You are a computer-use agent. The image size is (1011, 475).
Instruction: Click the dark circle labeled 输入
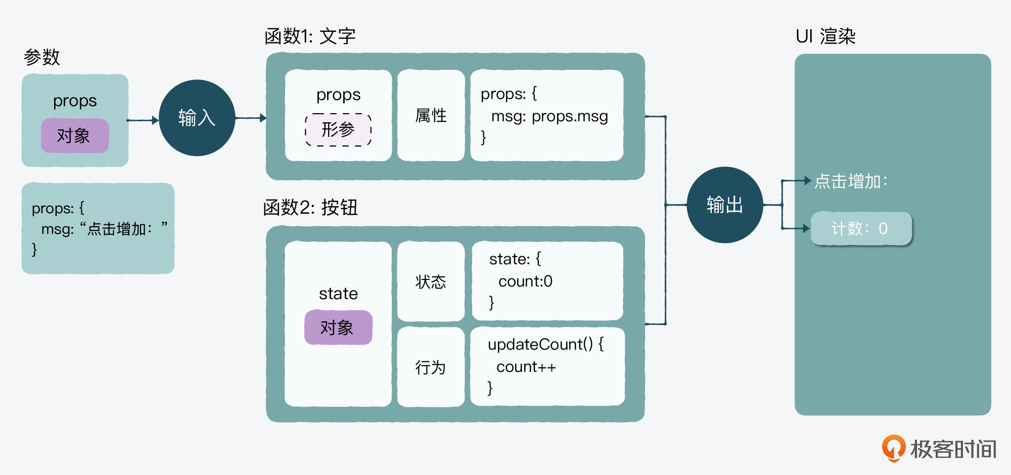[197, 118]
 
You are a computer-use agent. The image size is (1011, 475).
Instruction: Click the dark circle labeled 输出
[724, 205]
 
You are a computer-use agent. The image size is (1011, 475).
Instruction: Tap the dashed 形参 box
[338, 130]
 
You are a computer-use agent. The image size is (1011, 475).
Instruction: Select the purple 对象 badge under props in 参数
[75, 135]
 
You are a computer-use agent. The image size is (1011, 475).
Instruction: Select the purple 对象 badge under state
[338, 327]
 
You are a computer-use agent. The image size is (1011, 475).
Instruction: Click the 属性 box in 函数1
[431, 116]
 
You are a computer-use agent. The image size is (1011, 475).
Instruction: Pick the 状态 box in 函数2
[431, 281]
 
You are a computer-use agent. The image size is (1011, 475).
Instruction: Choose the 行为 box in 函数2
[431, 367]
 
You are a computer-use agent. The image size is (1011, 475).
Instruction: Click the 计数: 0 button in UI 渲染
[861, 228]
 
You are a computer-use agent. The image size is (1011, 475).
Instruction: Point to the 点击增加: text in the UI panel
[851, 181]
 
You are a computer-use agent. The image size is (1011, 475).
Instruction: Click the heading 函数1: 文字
[310, 36]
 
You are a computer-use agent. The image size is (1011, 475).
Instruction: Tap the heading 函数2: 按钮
[310, 207]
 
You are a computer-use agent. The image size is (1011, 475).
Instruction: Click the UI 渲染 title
[825, 36]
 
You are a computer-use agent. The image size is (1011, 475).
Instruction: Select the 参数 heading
[42, 57]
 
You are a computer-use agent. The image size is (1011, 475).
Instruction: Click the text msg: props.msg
[549, 116]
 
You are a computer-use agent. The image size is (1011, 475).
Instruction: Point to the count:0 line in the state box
[525, 281]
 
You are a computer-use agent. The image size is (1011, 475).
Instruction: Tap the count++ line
[526, 367]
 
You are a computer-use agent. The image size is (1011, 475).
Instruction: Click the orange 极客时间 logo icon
[894, 448]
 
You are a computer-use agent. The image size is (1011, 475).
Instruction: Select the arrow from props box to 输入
[143, 120]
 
